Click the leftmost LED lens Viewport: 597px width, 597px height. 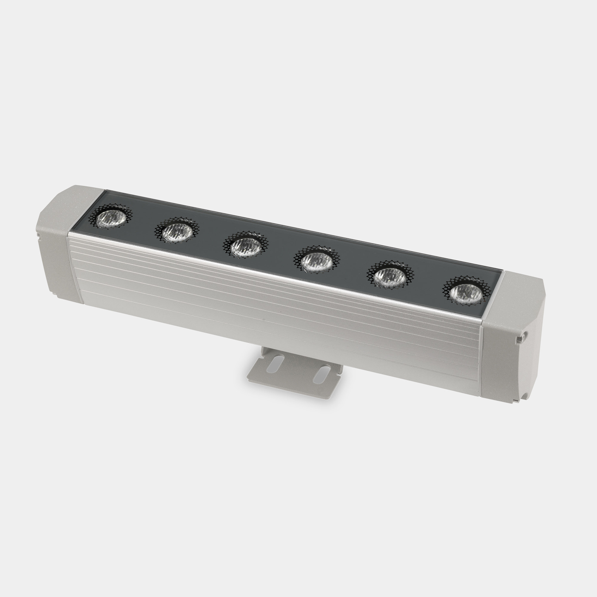click(110, 219)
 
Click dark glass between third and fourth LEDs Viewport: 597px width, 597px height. click(281, 253)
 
